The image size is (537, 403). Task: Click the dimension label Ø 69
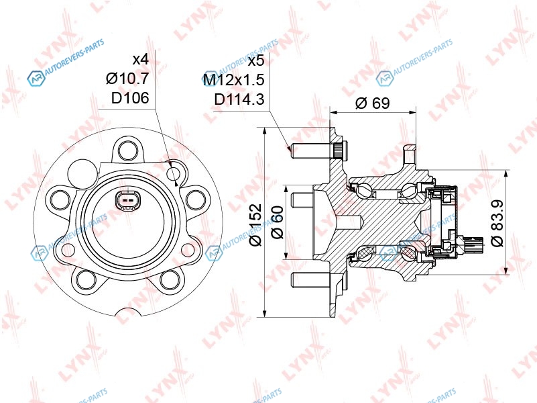coord(373,103)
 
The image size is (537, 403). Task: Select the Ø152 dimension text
coord(256,224)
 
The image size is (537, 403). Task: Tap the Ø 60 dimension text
coord(277,222)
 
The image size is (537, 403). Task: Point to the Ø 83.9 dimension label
coord(497,223)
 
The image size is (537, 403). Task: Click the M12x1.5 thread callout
coord(233,80)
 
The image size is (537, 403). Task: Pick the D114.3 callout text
coord(239,99)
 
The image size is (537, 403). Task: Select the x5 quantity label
coord(256,61)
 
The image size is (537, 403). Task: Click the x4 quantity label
coord(141,60)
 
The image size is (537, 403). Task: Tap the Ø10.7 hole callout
coord(127,79)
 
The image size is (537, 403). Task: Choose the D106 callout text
coord(130,98)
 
